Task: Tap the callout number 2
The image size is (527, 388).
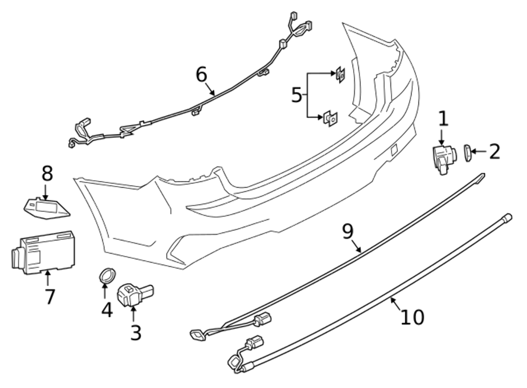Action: pyautogui.click(x=494, y=152)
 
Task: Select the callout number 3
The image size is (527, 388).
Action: pyautogui.click(x=135, y=332)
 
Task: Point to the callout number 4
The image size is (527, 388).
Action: pyautogui.click(x=107, y=309)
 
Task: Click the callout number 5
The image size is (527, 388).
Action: pyautogui.click(x=297, y=95)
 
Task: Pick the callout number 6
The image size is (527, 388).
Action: pyautogui.click(x=201, y=75)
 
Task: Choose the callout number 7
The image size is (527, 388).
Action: pyautogui.click(x=50, y=296)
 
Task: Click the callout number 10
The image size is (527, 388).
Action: pyautogui.click(x=412, y=317)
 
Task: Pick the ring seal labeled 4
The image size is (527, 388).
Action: pyautogui.click(x=108, y=275)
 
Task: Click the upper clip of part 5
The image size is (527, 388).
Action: pyautogui.click(x=340, y=75)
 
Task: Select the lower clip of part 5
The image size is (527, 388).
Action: pyautogui.click(x=330, y=118)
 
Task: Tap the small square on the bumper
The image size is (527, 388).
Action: pyautogui.click(x=394, y=150)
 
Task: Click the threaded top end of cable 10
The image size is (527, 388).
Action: pyautogui.click(x=507, y=216)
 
